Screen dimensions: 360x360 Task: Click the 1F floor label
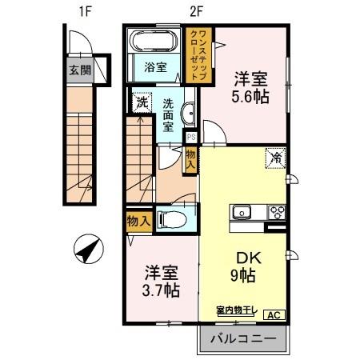[x=82, y=11]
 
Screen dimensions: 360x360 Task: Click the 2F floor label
[x=196, y=11]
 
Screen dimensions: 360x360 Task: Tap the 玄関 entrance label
[x=79, y=70]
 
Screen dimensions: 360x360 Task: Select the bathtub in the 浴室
[x=157, y=42]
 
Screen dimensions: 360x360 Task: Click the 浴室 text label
[x=155, y=68]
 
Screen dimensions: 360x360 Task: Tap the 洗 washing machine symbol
[x=142, y=102]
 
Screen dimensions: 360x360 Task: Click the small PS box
[x=190, y=136]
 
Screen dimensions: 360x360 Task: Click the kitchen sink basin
[x=242, y=212]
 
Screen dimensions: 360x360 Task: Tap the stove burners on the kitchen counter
[x=277, y=212]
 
